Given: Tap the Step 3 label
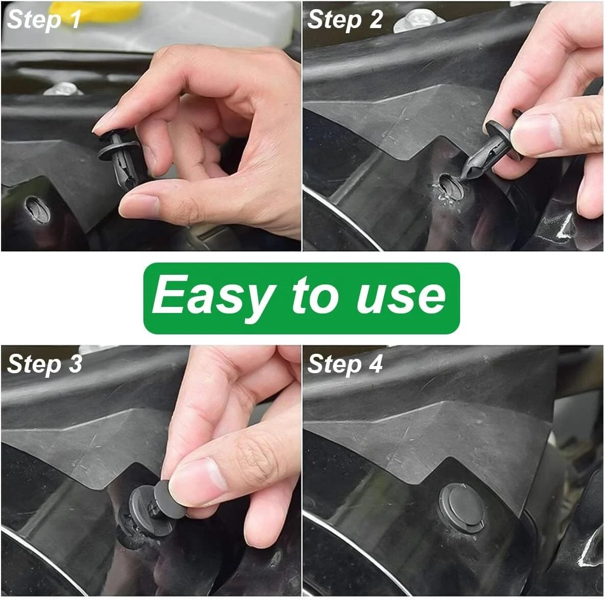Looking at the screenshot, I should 44,364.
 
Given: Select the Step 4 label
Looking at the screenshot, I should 345,364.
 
